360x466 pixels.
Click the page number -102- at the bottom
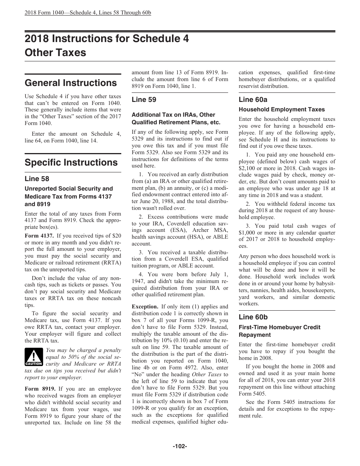pos(180,446)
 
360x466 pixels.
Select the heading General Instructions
pos(70,83)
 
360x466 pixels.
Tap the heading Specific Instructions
pos(71,163)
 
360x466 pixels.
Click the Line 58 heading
pos(37,179)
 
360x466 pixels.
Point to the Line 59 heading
pos(144,100)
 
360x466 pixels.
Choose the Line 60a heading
pos(253,100)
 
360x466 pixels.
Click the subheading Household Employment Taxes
pos(282,109)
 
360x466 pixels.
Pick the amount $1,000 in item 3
pos(248,233)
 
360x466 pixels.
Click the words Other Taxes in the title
pos(55,53)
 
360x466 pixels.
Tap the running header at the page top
pos(88,13)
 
